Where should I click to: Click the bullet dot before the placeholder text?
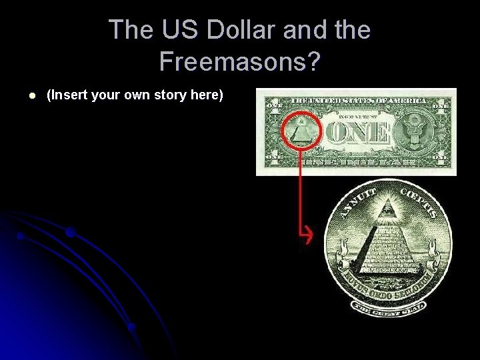pos(22,95)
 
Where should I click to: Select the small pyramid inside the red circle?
pos(301,131)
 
